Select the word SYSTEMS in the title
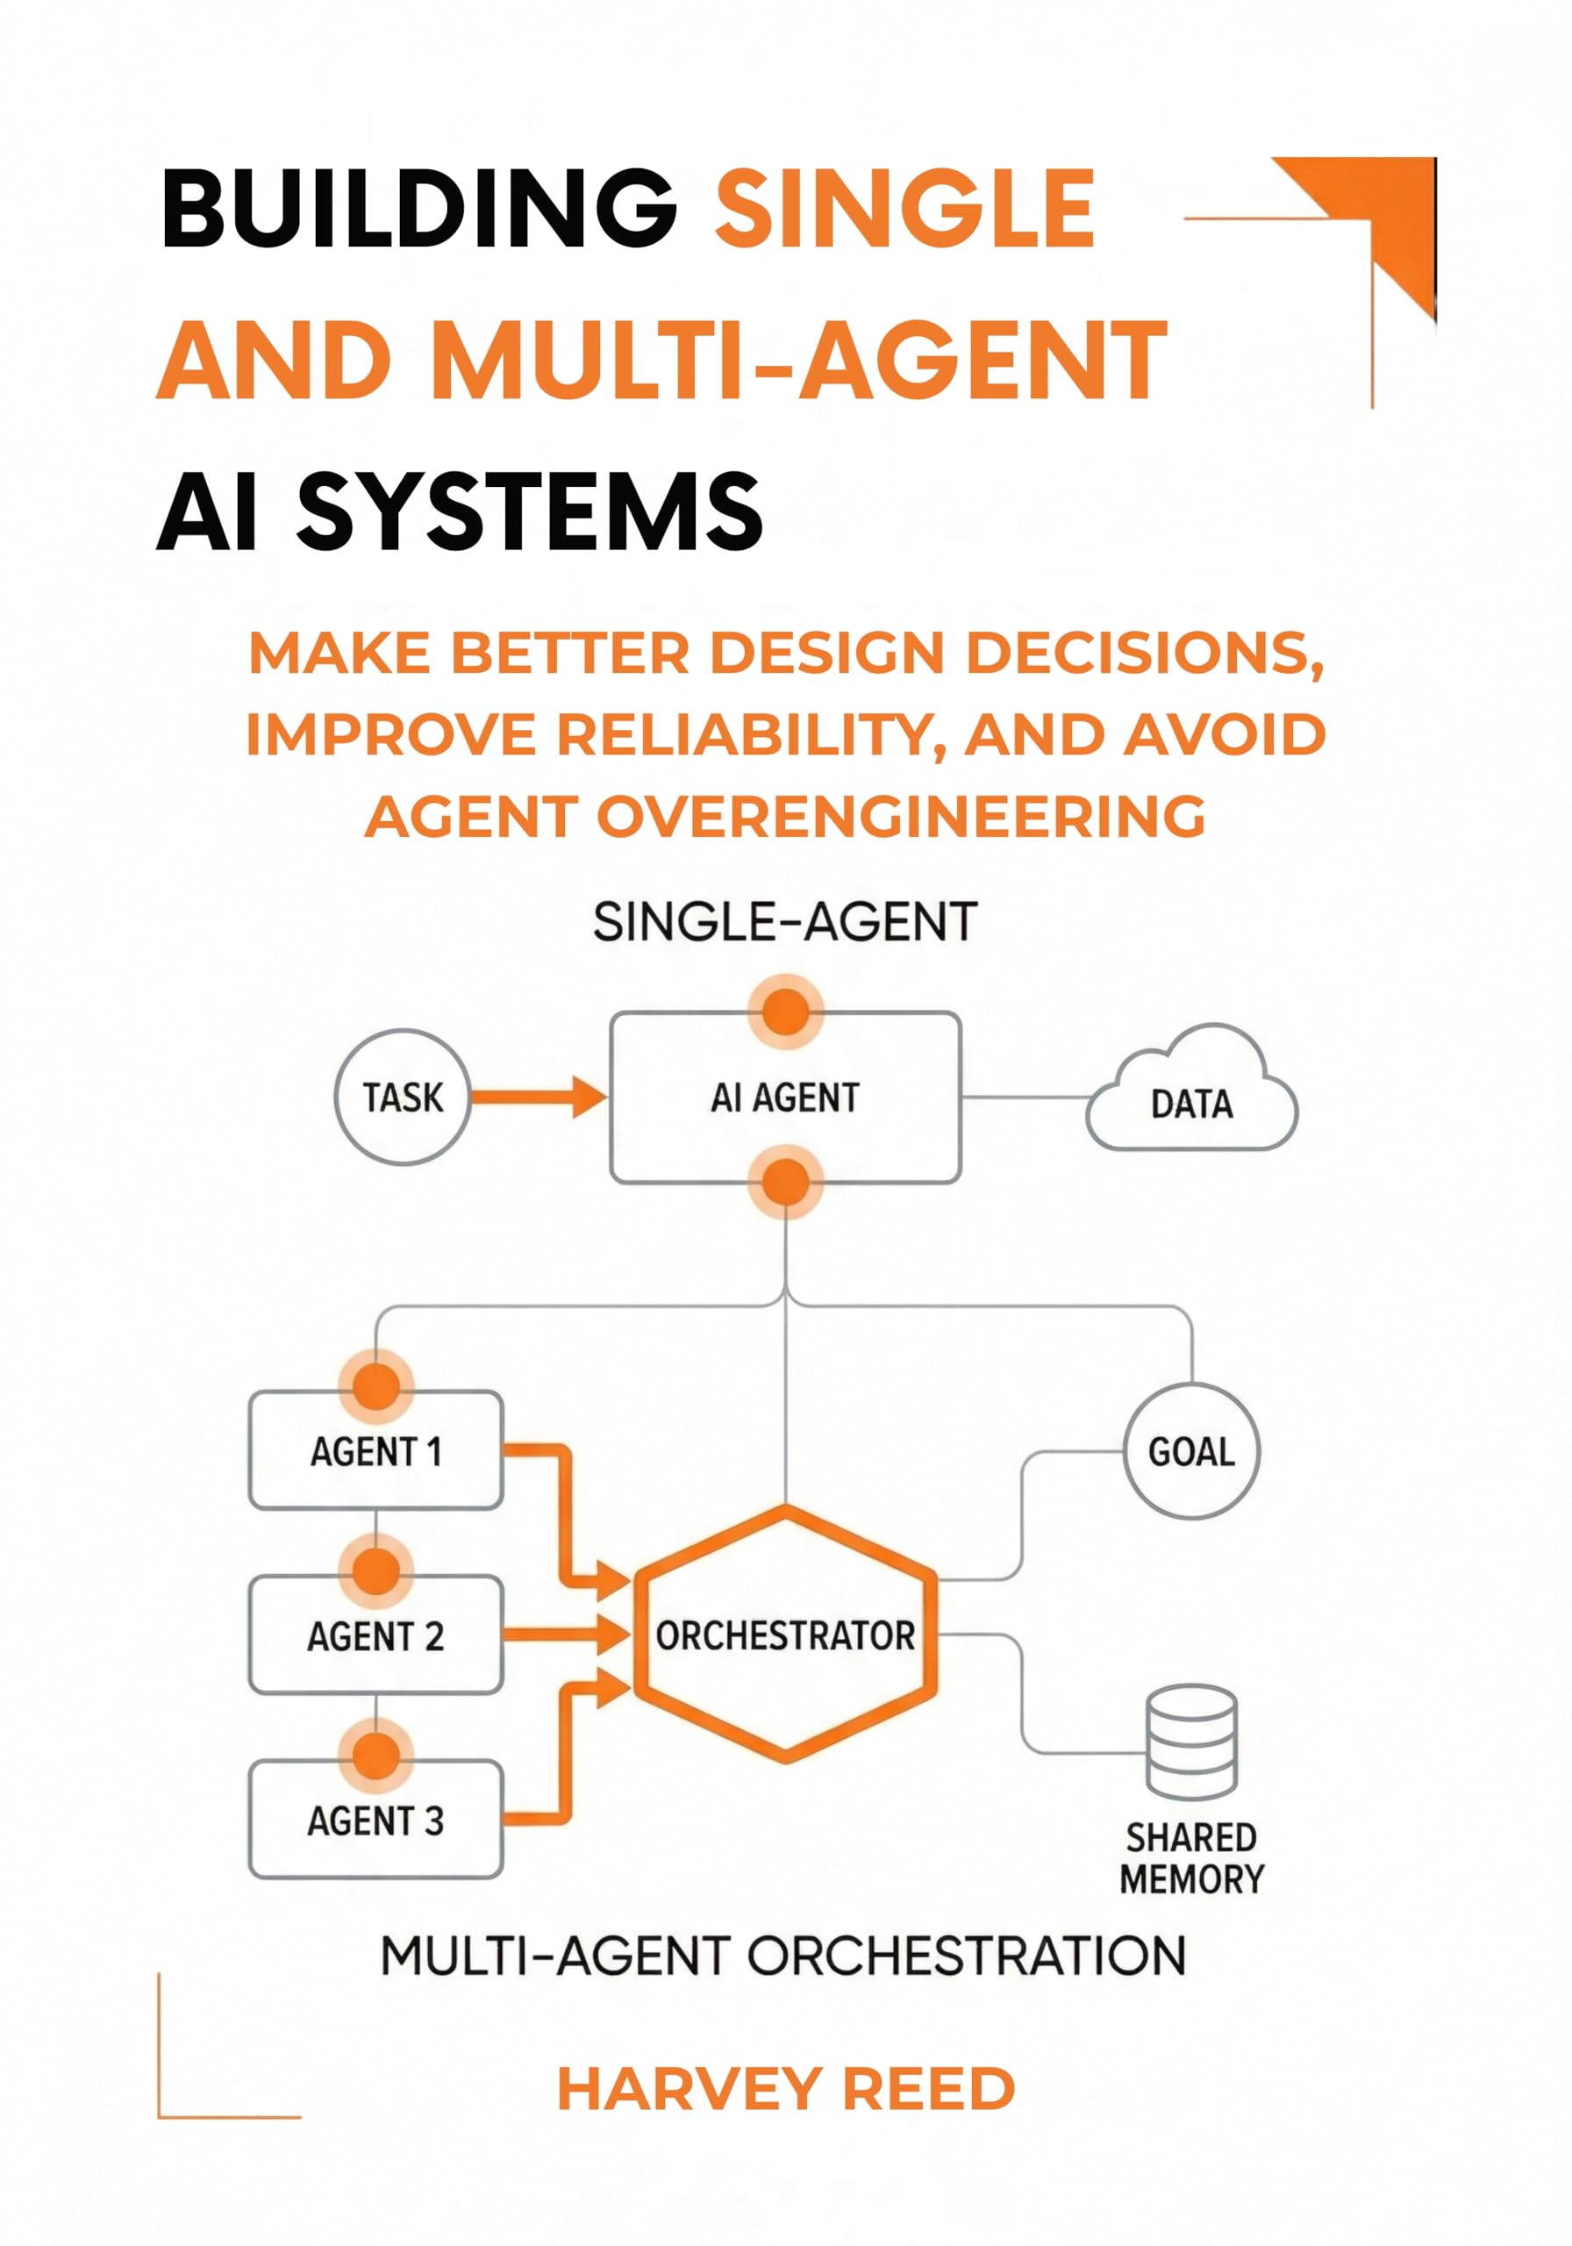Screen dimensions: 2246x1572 point(529,511)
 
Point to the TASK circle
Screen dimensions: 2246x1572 point(402,1097)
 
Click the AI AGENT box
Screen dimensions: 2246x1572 point(784,1098)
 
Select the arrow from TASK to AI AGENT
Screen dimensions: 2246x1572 point(538,1097)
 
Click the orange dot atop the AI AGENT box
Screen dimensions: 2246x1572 point(784,1011)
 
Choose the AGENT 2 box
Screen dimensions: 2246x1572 point(375,1634)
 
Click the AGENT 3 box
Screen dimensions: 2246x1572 point(375,1820)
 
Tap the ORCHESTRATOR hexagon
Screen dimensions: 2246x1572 point(784,1634)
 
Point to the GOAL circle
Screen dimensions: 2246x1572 point(1190,1451)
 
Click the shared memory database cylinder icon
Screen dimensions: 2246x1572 point(1190,1741)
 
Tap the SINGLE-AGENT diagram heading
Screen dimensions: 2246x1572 point(784,921)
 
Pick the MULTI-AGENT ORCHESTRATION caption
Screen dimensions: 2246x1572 point(782,1956)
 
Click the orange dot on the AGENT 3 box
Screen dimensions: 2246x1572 point(375,1754)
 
